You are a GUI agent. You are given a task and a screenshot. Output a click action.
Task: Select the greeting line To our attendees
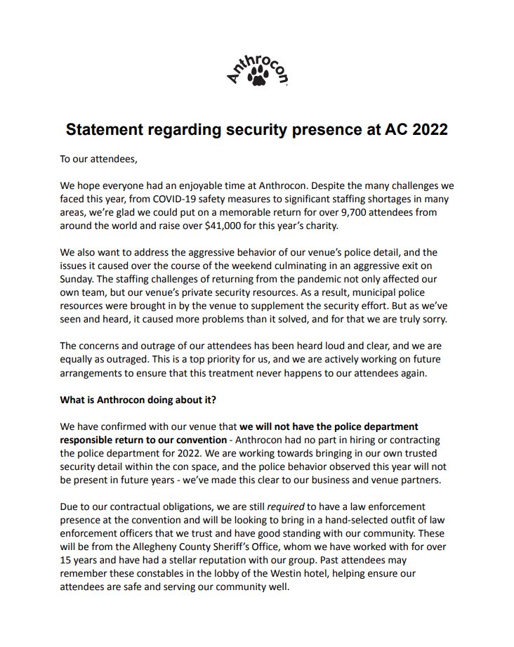coord(99,159)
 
